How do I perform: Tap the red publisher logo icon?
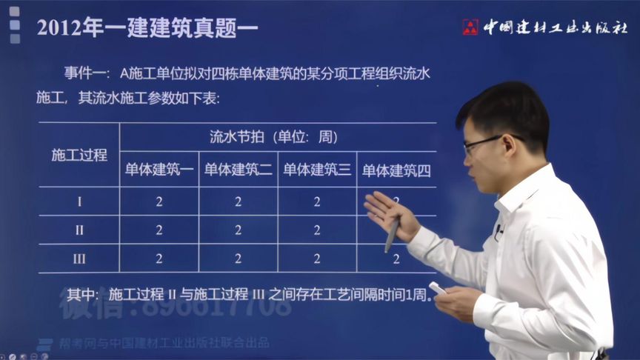(x=470, y=27)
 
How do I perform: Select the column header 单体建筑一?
(x=159, y=170)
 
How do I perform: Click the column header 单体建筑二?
(x=238, y=170)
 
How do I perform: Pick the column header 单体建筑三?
(x=317, y=170)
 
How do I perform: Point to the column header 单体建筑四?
(x=396, y=170)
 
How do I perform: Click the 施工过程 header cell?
(x=79, y=155)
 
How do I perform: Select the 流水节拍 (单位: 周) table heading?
(x=273, y=137)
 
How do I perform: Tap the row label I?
(x=79, y=201)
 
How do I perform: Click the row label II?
(x=79, y=230)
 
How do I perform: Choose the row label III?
(x=79, y=259)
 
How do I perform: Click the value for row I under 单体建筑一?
(x=159, y=201)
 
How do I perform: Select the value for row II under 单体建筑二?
(x=238, y=230)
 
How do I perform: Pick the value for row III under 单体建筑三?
(x=317, y=259)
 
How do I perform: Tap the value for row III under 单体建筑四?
(x=396, y=259)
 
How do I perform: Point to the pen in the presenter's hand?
(x=392, y=233)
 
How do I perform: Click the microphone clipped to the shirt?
(x=499, y=230)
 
